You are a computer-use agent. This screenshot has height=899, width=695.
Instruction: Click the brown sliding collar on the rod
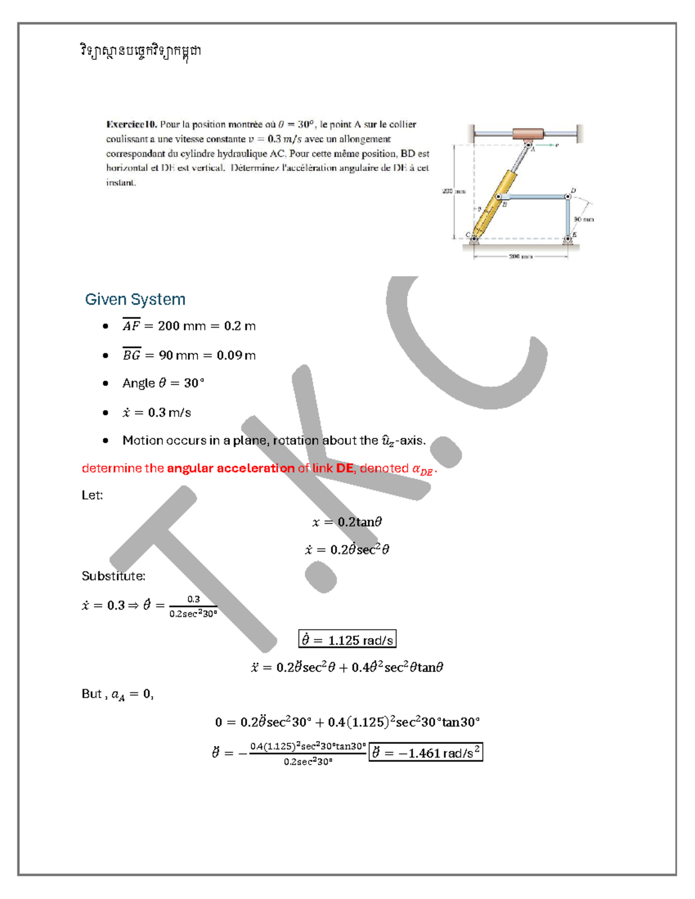pyautogui.click(x=528, y=134)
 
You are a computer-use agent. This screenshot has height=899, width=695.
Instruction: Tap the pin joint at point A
pyautogui.click(x=528, y=145)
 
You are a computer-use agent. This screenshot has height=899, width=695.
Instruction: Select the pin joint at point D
pyautogui.click(x=568, y=197)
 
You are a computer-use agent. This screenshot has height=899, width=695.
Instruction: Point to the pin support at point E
pyautogui.click(x=568, y=238)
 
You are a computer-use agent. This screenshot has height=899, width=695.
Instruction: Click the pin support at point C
pyautogui.click(x=474, y=238)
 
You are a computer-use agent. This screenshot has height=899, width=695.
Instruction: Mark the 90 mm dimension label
pyautogui.click(x=584, y=219)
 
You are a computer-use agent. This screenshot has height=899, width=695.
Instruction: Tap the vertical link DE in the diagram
pyautogui.click(x=568, y=217)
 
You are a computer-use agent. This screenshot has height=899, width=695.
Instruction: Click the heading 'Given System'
pyautogui.click(x=135, y=299)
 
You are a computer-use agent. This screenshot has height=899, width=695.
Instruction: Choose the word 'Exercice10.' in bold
pyautogui.click(x=131, y=124)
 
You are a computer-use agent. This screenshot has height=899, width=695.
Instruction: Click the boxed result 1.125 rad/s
pyautogui.click(x=347, y=640)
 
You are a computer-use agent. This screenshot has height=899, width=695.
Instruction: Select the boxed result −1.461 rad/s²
pyautogui.click(x=425, y=753)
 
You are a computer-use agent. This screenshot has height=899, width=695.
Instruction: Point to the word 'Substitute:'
pyautogui.click(x=114, y=576)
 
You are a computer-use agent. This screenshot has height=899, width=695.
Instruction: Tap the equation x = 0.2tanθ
pyautogui.click(x=347, y=522)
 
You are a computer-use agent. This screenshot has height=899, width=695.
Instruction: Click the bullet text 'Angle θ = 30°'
pyautogui.click(x=163, y=383)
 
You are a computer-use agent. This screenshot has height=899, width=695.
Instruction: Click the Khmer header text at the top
pyautogui.click(x=141, y=51)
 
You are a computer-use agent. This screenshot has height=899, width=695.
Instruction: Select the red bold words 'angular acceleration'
pyautogui.click(x=231, y=468)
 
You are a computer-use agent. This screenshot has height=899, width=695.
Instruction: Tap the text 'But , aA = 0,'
pyautogui.click(x=118, y=694)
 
